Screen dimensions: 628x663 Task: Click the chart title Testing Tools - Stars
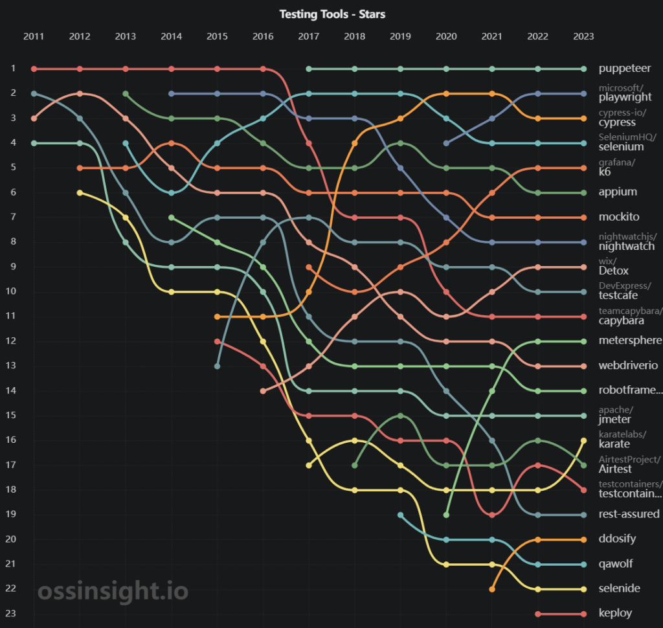[x=332, y=14]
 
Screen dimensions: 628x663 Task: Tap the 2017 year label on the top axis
[x=309, y=36]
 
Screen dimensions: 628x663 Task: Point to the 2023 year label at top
[x=583, y=36]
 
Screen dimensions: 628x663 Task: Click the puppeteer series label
[x=625, y=68]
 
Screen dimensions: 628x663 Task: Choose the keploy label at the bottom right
[x=615, y=613]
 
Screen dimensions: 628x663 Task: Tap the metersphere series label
[x=630, y=341]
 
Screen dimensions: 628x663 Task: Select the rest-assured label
[x=629, y=514]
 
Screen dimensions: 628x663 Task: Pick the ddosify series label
[x=617, y=539]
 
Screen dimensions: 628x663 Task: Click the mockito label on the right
[x=618, y=216]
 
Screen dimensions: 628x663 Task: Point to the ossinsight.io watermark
[x=113, y=590]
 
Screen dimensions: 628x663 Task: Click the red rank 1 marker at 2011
[x=34, y=69]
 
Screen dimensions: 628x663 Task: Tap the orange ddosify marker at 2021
[x=492, y=589]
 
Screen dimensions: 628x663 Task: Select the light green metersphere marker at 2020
[x=447, y=515]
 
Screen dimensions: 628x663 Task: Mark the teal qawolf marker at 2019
[x=401, y=515]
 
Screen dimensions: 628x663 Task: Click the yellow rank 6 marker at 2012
[x=80, y=192]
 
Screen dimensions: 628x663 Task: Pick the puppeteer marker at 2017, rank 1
[x=309, y=69]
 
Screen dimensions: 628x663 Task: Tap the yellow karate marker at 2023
[x=583, y=440]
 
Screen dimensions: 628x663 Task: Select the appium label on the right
[x=618, y=192]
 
